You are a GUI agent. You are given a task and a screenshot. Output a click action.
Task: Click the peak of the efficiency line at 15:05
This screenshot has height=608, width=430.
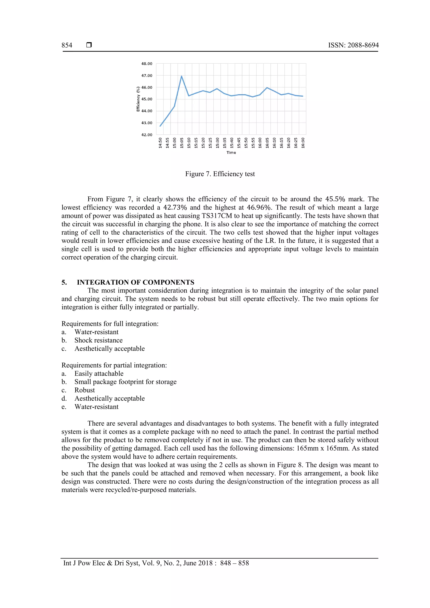(181, 76)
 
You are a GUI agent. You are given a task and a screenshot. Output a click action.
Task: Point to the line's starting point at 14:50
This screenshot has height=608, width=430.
(160, 126)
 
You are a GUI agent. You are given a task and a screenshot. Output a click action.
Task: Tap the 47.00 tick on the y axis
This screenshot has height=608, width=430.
(147, 76)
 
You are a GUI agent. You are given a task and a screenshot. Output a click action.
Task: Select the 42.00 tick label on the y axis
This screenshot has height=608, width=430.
(147, 135)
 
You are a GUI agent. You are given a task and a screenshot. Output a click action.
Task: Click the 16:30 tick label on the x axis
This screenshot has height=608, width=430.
(303, 143)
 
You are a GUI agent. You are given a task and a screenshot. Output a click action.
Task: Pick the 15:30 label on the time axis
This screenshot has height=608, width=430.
(217, 143)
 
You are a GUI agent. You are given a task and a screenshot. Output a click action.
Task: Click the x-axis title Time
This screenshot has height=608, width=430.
(231, 153)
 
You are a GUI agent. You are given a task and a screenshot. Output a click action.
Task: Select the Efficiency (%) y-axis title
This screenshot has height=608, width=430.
(138, 99)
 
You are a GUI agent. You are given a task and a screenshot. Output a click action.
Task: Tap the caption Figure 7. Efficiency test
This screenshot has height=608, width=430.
(220, 174)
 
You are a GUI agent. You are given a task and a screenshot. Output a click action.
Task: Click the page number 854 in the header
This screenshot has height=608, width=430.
(67, 45)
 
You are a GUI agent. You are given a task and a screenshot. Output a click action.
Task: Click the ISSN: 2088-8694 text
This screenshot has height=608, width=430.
(353, 45)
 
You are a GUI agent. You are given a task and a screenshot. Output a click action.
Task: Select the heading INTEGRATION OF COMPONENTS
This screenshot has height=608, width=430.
(135, 282)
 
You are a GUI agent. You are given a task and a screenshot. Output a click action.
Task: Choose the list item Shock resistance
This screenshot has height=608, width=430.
(98, 340)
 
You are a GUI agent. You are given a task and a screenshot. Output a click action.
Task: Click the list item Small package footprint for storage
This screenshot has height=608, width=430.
(125, 382)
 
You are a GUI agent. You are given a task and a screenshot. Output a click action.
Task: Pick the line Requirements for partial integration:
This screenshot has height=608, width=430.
(114, 365)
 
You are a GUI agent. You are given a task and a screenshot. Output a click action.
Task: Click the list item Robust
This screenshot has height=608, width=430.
(85, 390)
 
